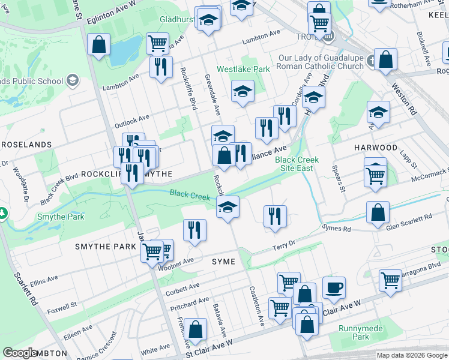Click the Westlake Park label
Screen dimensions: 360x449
(x=243, y=70)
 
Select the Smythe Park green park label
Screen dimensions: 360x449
(x=61, y=217)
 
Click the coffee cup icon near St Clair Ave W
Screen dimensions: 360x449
(x=334, y=287)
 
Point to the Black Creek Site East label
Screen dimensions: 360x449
(x=297, y=164)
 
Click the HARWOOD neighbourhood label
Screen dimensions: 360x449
(x=375, y=148)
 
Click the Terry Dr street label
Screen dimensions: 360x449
(x=284, y=245)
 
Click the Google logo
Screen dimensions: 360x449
(x=20, y=353)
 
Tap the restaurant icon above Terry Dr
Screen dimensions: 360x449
(x=275, y=215)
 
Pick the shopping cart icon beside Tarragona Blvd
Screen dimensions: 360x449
(x=390, y=280)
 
